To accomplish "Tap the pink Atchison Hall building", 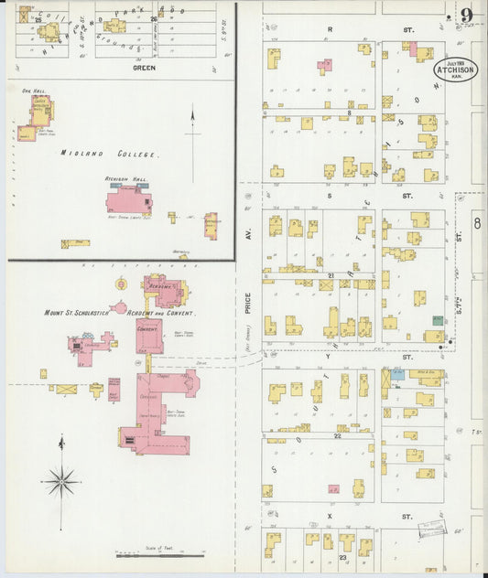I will tap(129, 201).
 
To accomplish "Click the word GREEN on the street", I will tap(144, 68).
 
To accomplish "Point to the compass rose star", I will tap(62, 478).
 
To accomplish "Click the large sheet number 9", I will tap(467, 16).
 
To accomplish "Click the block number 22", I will tap(338, 435).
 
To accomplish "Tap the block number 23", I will tap(342, 556).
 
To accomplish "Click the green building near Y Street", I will tap(438, 321).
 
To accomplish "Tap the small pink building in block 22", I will tap(333, 490).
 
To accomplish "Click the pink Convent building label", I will tap(147, 326).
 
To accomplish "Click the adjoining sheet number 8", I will tap(476, 222).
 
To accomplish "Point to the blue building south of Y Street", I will tap(396, 373).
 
